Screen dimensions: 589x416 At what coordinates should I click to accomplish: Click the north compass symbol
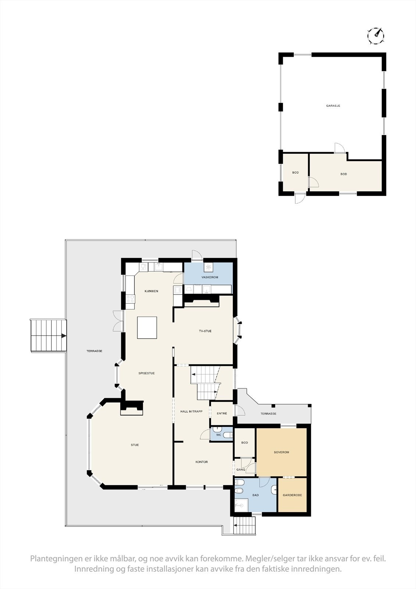[376, 36]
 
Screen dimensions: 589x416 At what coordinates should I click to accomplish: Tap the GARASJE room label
[333, 106]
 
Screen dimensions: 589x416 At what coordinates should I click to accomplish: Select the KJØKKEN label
[151, 291]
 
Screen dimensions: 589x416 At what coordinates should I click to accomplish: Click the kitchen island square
[147, 327]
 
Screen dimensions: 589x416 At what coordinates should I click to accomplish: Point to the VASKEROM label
[210, 277]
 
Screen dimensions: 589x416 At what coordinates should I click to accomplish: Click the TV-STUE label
[205, 331]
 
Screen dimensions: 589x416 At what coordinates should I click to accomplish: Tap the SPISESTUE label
[146, 373]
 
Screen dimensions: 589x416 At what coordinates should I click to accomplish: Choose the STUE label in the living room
[135, 445]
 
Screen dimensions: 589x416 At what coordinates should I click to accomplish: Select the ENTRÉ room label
[222, 413]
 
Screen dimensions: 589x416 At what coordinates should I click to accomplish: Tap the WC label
[219, 435]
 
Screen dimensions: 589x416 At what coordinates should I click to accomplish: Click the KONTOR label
[202, 462]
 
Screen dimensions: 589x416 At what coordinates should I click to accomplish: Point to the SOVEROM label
[281, 452]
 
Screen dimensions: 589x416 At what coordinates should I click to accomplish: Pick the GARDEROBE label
[292, 495]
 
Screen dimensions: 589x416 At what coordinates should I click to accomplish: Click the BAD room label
[255, 495]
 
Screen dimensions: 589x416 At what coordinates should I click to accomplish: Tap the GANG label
[241, 470]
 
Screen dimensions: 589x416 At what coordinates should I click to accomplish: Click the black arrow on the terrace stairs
[64, 336]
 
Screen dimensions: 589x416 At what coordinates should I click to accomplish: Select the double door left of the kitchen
[118, 321]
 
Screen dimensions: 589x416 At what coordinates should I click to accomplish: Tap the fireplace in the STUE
[131, 409]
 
